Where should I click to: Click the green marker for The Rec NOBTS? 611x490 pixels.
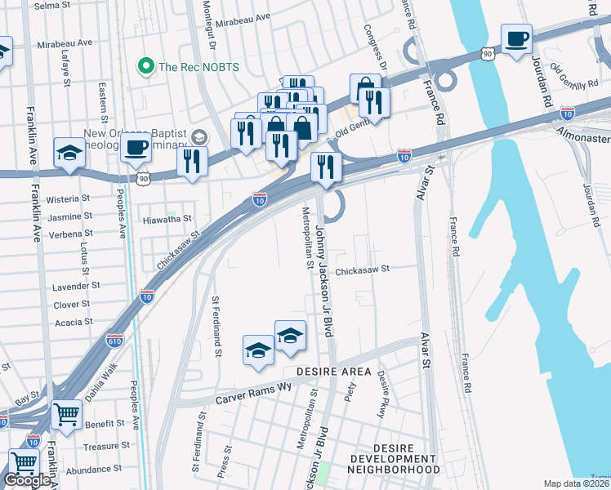(x=147, y=65)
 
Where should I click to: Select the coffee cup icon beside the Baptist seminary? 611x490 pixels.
(x=136, y=149)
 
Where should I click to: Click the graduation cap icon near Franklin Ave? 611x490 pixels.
(x=68, y=152)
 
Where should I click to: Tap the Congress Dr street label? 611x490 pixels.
(x=377, y=48)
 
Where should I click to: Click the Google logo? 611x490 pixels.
(x=28, y=480)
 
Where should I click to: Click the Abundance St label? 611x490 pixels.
(x=94, y=469)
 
